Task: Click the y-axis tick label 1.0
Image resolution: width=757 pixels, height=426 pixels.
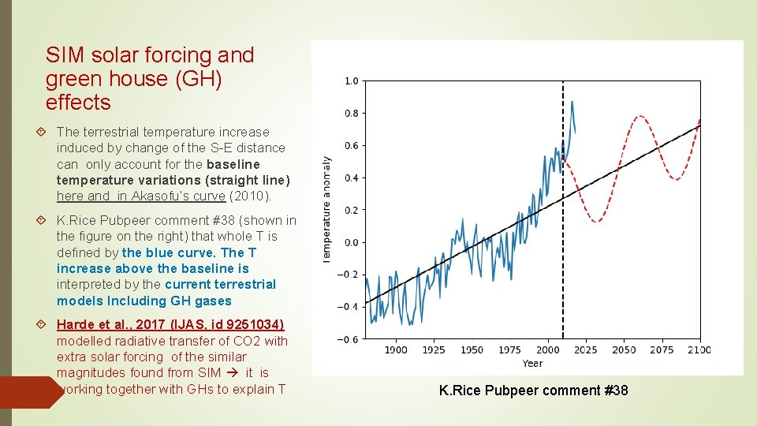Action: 351,81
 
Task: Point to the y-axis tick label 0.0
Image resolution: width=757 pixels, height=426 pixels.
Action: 351,242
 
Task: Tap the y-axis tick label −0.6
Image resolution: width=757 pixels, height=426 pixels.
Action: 348,339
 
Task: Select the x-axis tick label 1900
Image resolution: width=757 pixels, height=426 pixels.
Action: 396,350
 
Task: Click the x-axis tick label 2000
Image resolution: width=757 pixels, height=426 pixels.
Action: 547,350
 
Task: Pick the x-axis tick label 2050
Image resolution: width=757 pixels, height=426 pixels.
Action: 623,350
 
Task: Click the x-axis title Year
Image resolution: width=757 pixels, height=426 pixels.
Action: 532,364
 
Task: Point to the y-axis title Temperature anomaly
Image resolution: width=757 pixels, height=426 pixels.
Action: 327,209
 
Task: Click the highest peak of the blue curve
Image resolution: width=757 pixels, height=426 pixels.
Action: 572,102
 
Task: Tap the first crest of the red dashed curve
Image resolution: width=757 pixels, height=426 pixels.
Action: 640,117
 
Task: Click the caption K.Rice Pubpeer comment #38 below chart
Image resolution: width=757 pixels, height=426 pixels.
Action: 533,390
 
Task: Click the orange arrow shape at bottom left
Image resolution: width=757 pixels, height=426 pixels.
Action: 30,392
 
